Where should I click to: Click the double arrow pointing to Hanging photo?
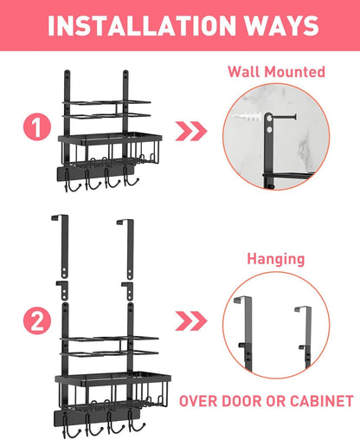coord(192,321)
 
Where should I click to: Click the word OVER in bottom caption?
coord(202,401)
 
